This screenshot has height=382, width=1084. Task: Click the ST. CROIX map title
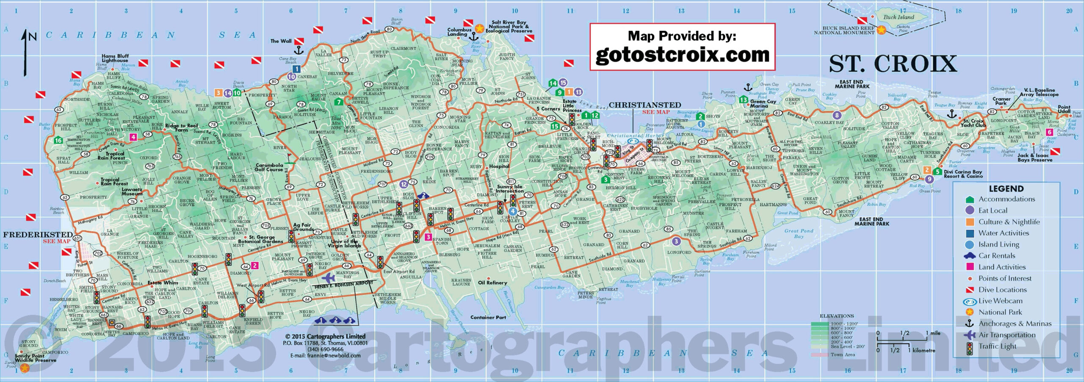pyautogui.click(x=893, y=64)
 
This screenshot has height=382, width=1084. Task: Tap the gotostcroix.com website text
pyautogui.click(x=682, y=55)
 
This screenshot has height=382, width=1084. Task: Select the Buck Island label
pyautogui.click(x=899, y=17)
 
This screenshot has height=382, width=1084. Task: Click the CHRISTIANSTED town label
pyautogui.click(x=644, y=105)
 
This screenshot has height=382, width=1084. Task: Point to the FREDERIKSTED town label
pyautogui.click(x=38, y=235)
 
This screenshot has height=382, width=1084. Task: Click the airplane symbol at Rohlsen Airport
pyautogui.click(x=328, y=278)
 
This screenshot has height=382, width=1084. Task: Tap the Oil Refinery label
pyautogui.click(x=492, y=282)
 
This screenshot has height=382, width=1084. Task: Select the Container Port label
pyautogui.click(x=488, y=317)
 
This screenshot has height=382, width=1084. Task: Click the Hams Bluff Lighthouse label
pyautogui.click(x=115, y=58)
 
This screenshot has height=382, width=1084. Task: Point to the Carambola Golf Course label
pyautogui.click(x=269, y=167)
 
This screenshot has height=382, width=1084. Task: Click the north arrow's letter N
pyautogui.click(x=33, y=37)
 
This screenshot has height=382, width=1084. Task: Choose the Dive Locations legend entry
pyautogui.click(x=1002, y=290)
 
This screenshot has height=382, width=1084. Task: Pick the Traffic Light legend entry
pyautogui.click(x=997, y=346)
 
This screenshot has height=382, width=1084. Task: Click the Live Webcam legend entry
pyautogui.click(x=1000, y=301)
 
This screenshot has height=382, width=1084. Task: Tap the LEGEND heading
pyautogui.click(x=1006, y=189)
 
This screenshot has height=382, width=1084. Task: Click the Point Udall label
pyautogui.click(x=1064, y=109)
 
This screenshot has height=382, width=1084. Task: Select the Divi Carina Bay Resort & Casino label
pyautogui.click(x=963, y=174)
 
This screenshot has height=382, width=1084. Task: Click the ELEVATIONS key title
pyautogui.click(x=837, y=316)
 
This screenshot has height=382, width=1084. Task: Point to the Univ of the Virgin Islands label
pyautogui.click(x=343, y=244)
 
